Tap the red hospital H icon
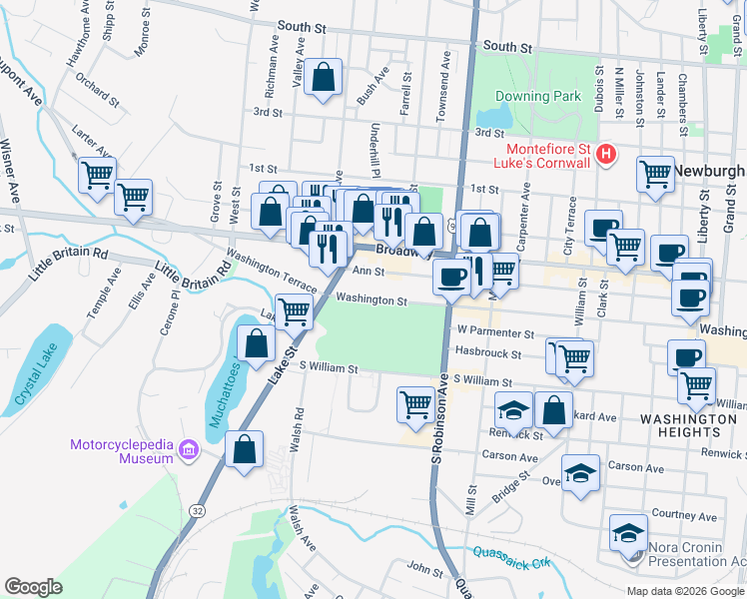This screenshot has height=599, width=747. coord(605,154)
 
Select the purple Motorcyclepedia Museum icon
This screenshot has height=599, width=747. coord(187,452)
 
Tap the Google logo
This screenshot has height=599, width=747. coord(33,587)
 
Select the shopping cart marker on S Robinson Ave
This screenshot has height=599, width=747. coord(415,404)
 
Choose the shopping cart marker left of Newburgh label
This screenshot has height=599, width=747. coord(655,173)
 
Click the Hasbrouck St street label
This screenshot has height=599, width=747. coord(488,353)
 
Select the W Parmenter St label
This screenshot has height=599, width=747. coord(495,330)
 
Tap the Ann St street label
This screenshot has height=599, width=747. coord(369,272)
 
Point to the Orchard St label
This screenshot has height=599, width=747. coord(97,90)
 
